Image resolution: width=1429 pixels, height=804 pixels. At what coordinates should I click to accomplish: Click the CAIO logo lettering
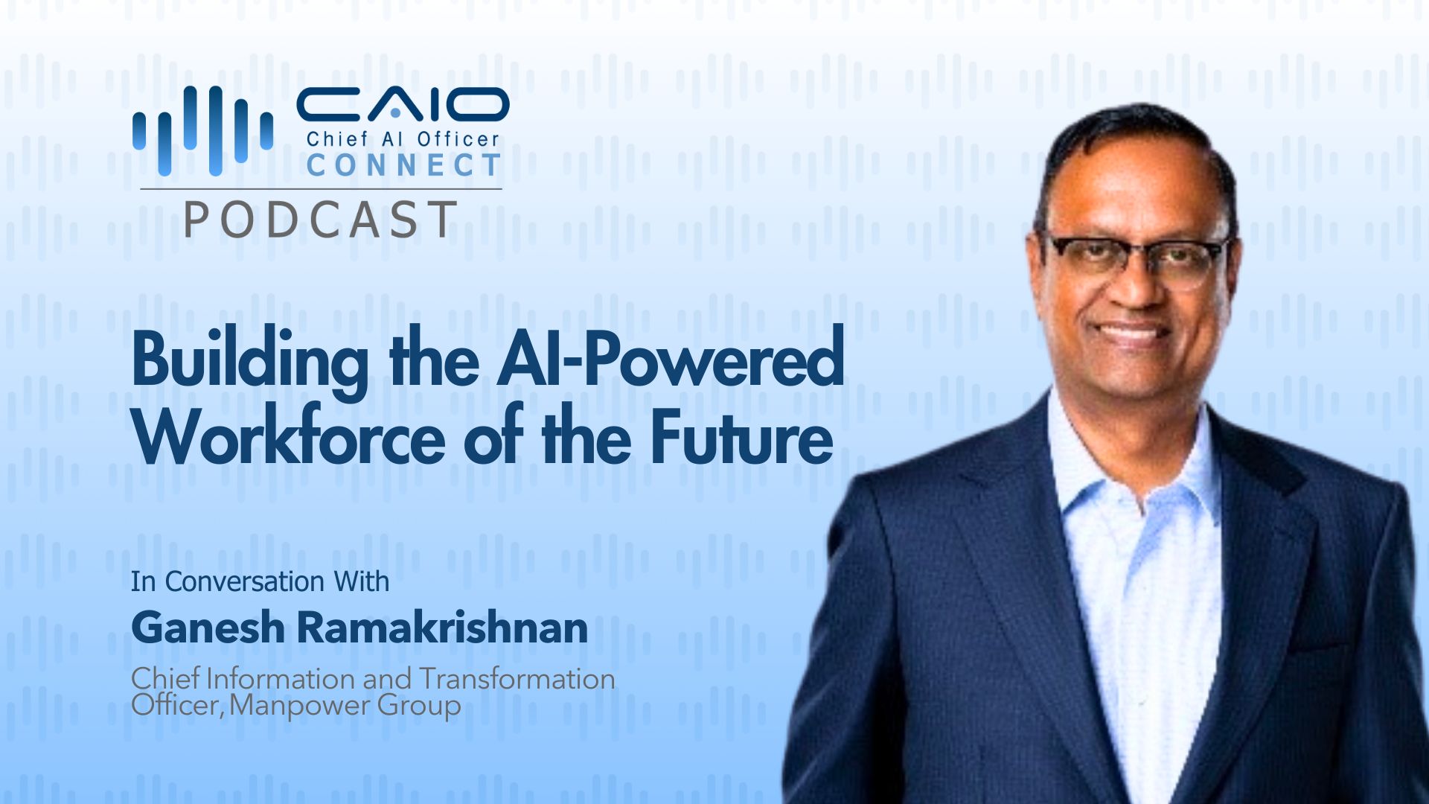tap(403, 106)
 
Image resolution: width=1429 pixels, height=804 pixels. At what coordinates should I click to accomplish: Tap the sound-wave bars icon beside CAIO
tap(202, 130)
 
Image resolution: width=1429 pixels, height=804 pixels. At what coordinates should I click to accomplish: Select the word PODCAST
tap(320, 220)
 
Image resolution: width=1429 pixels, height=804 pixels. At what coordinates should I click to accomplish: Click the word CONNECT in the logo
tap(403, 165)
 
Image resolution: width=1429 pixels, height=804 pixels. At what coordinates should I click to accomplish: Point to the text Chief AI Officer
tap(403, 139)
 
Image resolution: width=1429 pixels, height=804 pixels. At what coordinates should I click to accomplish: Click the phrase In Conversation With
tap(260, 581)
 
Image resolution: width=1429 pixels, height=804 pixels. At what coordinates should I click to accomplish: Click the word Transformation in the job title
tap(517, 679)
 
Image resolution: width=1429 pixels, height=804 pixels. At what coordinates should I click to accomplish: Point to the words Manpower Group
tap(345, 705)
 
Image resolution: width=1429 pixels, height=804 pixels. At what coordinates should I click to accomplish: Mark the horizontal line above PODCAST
tap(321, 189)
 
